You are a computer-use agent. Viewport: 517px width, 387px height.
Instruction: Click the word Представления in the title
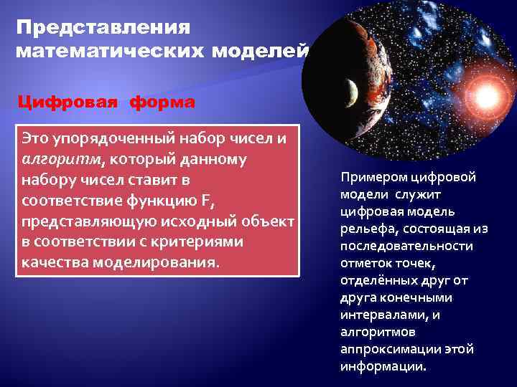(x=103, y=28)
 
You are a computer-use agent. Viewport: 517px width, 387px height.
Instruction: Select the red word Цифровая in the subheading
(x=69, y=102)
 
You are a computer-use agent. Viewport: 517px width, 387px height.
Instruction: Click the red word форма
(x=162, y=102)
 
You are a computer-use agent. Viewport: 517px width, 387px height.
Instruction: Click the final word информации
(x=383, y=365)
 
